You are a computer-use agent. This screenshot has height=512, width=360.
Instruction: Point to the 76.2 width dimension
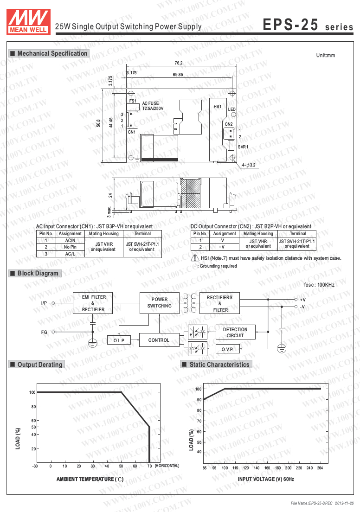point(179,63)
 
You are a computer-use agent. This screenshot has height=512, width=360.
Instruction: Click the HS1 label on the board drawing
point(217,107)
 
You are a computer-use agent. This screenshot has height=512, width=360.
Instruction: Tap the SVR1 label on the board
point(243,147)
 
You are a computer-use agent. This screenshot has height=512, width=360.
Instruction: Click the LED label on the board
point(232,109)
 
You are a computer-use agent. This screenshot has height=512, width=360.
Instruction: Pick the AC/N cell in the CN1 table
point(71,241)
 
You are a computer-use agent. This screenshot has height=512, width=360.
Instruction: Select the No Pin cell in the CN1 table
point(71,247)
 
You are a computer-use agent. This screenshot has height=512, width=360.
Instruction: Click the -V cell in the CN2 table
point(221,241)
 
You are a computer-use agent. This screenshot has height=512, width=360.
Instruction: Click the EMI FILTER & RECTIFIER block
point(93,303)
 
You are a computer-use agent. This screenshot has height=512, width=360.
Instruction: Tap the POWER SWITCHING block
point(159,302)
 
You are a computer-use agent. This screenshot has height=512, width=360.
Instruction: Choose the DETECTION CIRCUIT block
point(235,332)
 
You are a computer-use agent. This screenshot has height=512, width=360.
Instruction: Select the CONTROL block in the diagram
point(159,340)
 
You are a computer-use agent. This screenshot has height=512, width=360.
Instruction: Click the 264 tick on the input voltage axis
point(319,467)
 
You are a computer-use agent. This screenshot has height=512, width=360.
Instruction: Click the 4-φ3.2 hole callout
point(249,165)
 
